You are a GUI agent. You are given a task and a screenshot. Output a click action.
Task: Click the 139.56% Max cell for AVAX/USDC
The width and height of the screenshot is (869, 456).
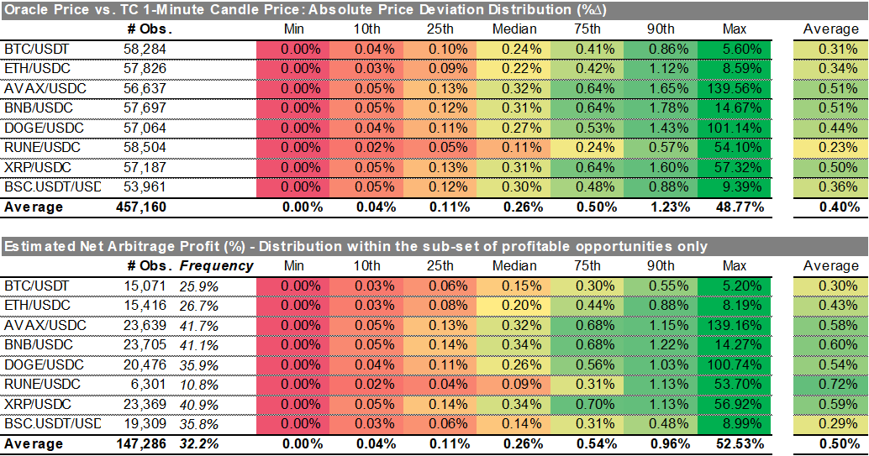pos(736,88)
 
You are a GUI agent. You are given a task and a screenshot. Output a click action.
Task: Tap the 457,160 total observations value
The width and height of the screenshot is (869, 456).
pos(142,207)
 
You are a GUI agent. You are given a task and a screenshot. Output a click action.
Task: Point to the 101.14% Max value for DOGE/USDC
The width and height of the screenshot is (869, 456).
pos(736,128)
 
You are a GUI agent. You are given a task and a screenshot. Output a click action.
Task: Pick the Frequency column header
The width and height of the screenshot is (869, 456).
pos(216,265)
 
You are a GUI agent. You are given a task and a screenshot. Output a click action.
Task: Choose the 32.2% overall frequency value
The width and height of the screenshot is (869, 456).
pos(197,443)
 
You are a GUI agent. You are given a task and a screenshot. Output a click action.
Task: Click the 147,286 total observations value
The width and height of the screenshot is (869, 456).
pos(142,443)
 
